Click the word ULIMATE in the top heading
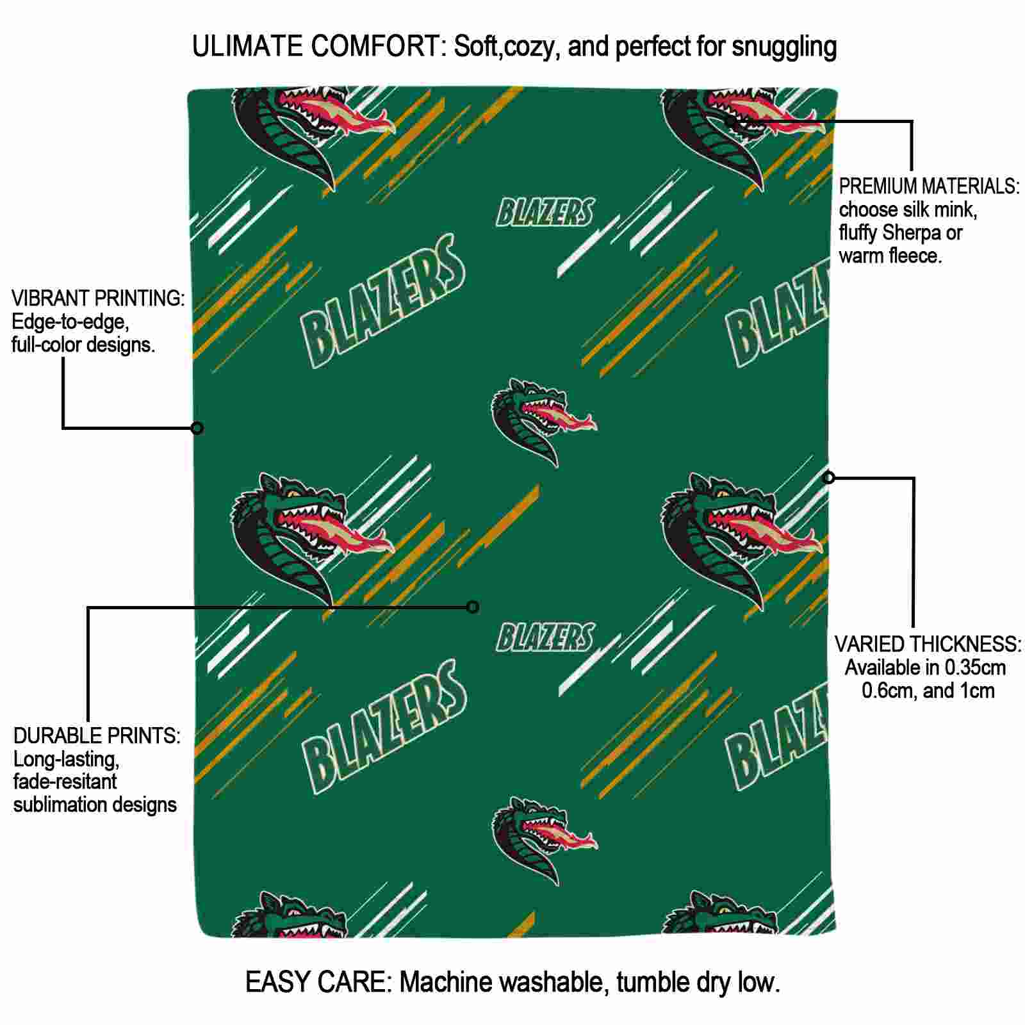(x=247, y=47)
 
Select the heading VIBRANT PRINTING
(x=98, y=299)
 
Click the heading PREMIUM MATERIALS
(x=929, y=186)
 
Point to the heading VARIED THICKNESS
(x=928, y=644)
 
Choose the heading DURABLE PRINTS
(x=97, y=735)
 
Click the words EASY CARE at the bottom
(x=318, y=982)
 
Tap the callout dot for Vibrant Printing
(x=197, y=428)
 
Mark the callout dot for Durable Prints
(x=473, y=607)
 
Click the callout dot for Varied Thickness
(x=829, y=477)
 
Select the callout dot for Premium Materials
(x=731, y=120)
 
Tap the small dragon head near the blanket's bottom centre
(x=543, y=840)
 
